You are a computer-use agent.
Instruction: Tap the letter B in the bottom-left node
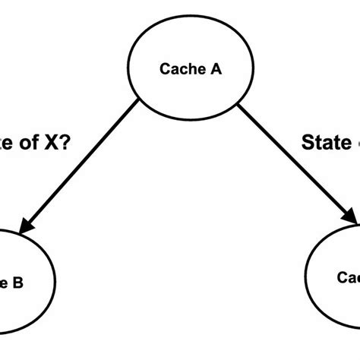[x=17, y=283]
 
